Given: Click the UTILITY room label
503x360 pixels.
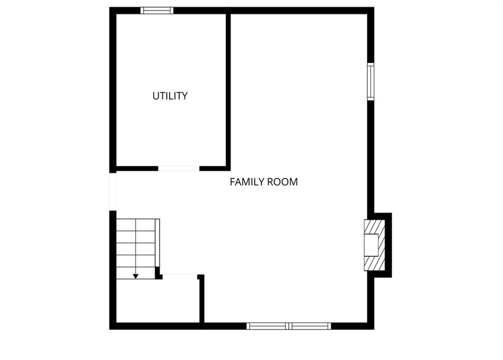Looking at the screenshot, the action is pyautogui.click(x=170, y=96).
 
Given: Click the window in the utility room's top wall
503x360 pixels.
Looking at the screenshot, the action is pyautogui.click(x=157, y=11).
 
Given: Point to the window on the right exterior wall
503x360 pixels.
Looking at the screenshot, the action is pyautogui.click(x=370, y=82).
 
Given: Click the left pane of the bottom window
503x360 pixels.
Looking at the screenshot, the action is pyautogui.click(x=268, y=326).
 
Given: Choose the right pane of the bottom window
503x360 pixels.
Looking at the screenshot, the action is pyautogui.click(x=310, y=326).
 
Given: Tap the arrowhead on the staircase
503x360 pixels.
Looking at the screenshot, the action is pyautogui.click(x=136, y=276).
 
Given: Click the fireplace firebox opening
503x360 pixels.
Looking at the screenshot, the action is pyautogui.click(x=371, y=245).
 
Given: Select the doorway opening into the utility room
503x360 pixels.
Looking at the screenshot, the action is pyautogui.click(x=179, y=168).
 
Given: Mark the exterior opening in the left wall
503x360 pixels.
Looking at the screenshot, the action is pyautogui.click(x=112, y=192).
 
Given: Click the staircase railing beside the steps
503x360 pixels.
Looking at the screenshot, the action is pyautogui.click(x=158, y=243).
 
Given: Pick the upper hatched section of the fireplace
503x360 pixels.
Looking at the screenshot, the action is pyautogui.click(x=375, y=227).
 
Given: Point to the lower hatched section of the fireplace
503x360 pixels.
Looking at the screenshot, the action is pyautogui.click(x=375, y=263).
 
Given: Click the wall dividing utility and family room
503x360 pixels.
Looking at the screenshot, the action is pyautogui.click(x=228, y=90).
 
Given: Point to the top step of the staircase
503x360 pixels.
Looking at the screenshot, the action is pyautogui.click(x=136, y=225).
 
